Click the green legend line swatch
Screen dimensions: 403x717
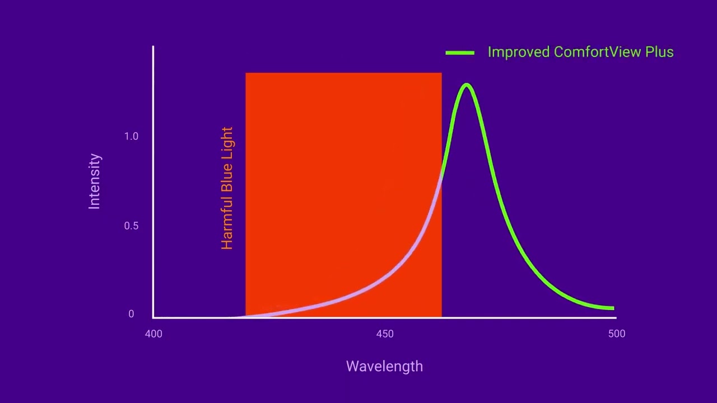pyautogui.click(x=460, y=53)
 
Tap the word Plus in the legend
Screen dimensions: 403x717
pyautogui.click(x=659, y=52)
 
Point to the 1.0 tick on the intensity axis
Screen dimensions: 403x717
pyautogui.click(x=131, y=137)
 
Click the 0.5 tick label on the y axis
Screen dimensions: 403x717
pyautogui.click(x=131, y=226)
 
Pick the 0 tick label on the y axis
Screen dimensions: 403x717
pyautogui.click(x=131, y=314)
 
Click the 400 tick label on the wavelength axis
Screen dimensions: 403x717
pyautogui.click(x=153, y=334)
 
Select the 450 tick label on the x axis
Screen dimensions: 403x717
pyautogui.click(x=385, y=334)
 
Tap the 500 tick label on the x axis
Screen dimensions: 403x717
pyautogui.click(x=616, y=334)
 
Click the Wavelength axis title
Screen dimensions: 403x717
pyautogui.click(x=384, y=367)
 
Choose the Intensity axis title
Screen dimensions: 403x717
pyautogui.click(x=95, y=181)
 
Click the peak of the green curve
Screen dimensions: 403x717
pyautogui.click(x=467, y=85)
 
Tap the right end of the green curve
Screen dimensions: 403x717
pyautogui.click(x=613, y=308)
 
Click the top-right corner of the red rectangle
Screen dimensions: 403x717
pyautogui.click(x=441, y=73)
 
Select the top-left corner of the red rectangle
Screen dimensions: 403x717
pyautogui.click(x=246, y=73)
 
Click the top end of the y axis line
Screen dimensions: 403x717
pyautogui.click(x=153, y=47)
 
